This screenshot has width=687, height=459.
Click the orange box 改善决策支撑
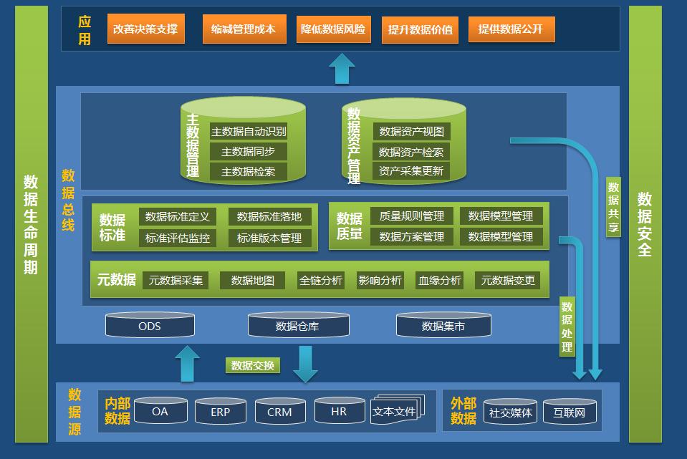pyautogui.click(x=146, y=29)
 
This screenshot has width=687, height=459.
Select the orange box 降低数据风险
pyautogui.click(x=333, y=29)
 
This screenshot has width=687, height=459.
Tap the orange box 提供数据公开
pyautogui.click(x=511, y=29)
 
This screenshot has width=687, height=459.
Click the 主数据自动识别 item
pyautogui.click(x=249, y=131)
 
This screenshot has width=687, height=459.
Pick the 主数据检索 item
pyautogui.click(x=249, y=171)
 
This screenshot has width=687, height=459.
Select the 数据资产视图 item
pyautogui.click(x=411, y=131)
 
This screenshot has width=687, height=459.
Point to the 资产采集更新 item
pyautogui.click(x=411, y=171)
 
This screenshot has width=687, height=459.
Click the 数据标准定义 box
pyautogui.click(x=178, y=216)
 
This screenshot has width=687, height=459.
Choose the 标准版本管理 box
pyautogui.click(x=269, y=238)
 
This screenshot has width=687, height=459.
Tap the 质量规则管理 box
pyautogui.click(x=412, y=216)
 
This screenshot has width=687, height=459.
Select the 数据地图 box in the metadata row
pyautogui.click(x=253, y=280)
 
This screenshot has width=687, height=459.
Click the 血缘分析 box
pyautogui.click(x=439, y=280)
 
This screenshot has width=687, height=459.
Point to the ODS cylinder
pyautogui.click(x=150, y=325)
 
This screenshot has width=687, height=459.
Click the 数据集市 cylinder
pyautogui.click(x=443, y=325)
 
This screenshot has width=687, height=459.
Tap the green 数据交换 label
pyautogui.click(x=253, y=365)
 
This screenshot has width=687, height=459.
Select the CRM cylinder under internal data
pyautogui.click(x=279, y=411)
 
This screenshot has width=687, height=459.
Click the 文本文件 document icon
pyautogui.click(x=397, y=410)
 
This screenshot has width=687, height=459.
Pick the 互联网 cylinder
pyautogui.click(x=570, y=412)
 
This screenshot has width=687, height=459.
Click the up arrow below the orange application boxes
pyautogui.click(x=342, y=69)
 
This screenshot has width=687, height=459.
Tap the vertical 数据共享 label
pyautogui.click(x=613, y=207)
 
